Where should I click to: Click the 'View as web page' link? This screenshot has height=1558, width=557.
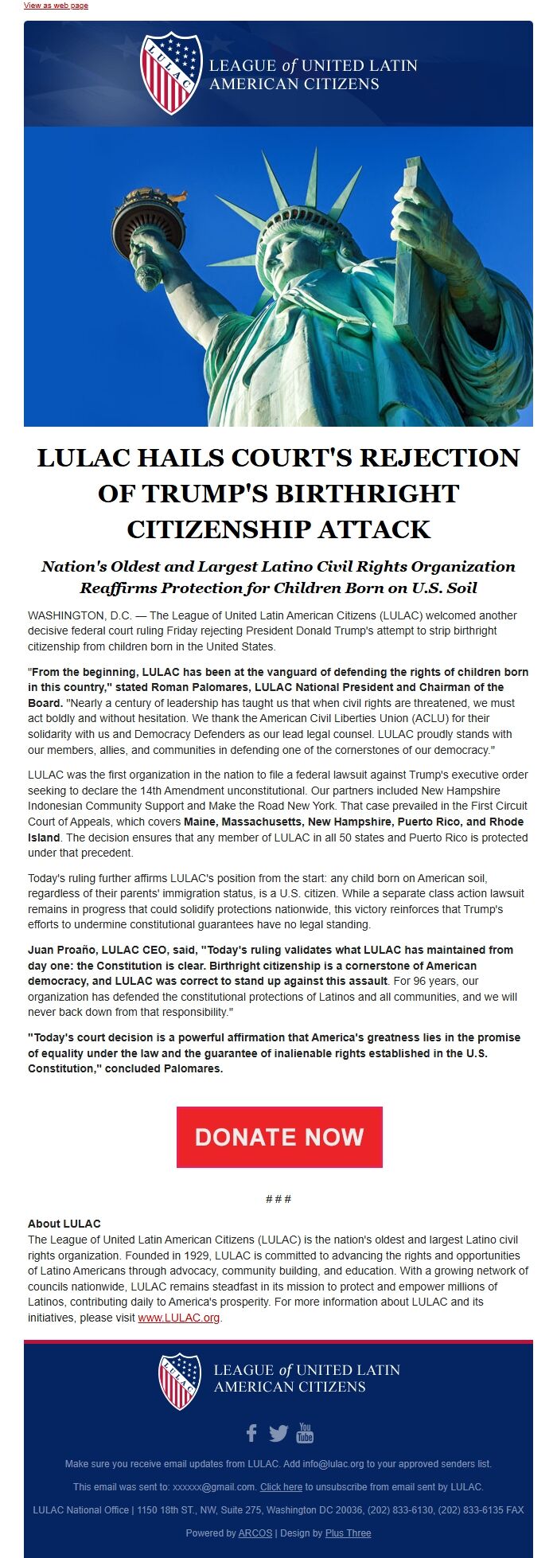click(x=56, y=6)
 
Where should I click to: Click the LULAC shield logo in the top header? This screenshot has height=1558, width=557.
click(x=171, y=72)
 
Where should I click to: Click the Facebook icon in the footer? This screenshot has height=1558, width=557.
click(x=251, y=1433)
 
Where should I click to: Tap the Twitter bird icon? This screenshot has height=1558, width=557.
click(x=278, y=1433)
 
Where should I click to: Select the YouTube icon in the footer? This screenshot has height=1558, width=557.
click(x=305, y=1433)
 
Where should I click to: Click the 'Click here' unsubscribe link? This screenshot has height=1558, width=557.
click(x=281, y=1486)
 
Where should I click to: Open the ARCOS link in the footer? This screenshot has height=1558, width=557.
click(x=255, y=1533)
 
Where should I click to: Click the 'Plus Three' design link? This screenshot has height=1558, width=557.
click(x=348, y=1533)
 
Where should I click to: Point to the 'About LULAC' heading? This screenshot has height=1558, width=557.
click(x=64, y=1224)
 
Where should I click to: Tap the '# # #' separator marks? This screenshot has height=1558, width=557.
click(x=278, y=1199)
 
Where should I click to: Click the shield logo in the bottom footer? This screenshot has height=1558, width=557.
click(x=180, y=1381)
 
